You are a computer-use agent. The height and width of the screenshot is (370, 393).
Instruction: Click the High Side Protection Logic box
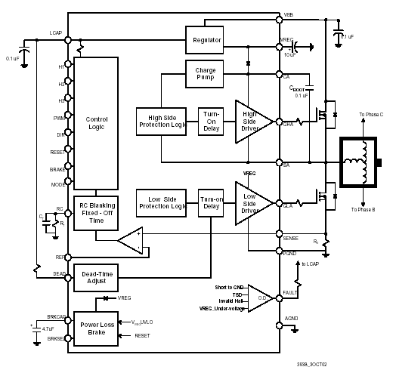162,122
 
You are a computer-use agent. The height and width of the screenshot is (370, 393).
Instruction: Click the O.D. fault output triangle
259,297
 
